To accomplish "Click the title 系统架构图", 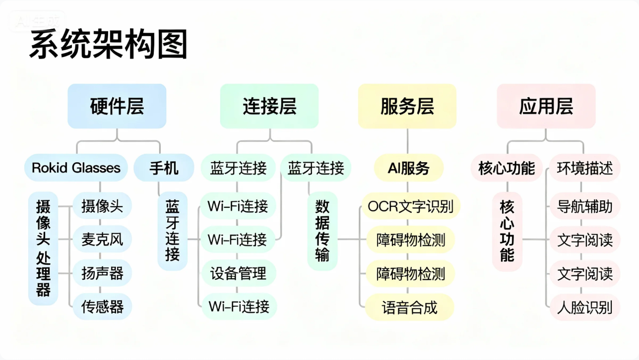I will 108,45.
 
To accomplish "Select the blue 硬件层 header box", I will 117,106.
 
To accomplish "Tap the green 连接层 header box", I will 269,106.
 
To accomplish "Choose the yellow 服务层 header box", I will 407,106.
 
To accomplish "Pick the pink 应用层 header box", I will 546,106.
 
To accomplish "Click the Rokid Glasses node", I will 76,168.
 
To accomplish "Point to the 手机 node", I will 164,168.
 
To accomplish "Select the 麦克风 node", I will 102,240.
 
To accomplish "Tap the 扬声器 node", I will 102,273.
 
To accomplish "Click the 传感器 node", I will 102,306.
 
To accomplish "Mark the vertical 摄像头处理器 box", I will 43,248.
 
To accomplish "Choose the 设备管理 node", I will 238,273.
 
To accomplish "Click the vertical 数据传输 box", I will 322,231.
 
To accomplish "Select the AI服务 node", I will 408,168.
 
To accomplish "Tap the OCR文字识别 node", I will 411,206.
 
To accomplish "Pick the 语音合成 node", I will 410,307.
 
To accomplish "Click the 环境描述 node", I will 584,168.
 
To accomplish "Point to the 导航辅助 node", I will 584,206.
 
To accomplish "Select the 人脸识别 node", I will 584,307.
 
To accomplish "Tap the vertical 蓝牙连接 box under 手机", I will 173,231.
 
